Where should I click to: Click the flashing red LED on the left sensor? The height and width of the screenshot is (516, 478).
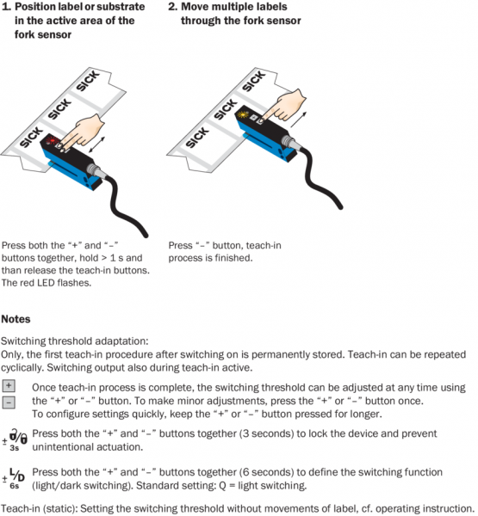tap(53, 140)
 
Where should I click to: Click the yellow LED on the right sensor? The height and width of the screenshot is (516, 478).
tap(243, 115)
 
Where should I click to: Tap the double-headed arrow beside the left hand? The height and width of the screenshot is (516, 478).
tap(97, 144)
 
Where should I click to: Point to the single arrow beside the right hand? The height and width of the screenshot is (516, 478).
tap(299, 120)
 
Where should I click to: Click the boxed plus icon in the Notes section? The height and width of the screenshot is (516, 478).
tap(9, 385)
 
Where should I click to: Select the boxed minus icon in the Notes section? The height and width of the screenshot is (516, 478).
tap(9, 402)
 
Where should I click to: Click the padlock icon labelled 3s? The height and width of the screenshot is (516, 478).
tap(16, 439)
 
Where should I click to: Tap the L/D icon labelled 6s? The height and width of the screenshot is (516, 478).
tap(14, 478)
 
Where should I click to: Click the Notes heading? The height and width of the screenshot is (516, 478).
tap(16, 319)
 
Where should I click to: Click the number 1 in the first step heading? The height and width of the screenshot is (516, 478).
tap(5, 7)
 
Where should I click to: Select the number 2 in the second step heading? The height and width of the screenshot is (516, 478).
tap(173, 7)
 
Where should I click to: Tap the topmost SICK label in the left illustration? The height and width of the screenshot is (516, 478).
tap(88, 80)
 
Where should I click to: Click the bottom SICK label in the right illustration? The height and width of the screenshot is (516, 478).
tap(197, 138)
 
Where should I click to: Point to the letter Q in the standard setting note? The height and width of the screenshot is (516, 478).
tap(222, 485)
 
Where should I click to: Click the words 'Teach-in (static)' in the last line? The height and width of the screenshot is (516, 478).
tap(40, 509)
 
